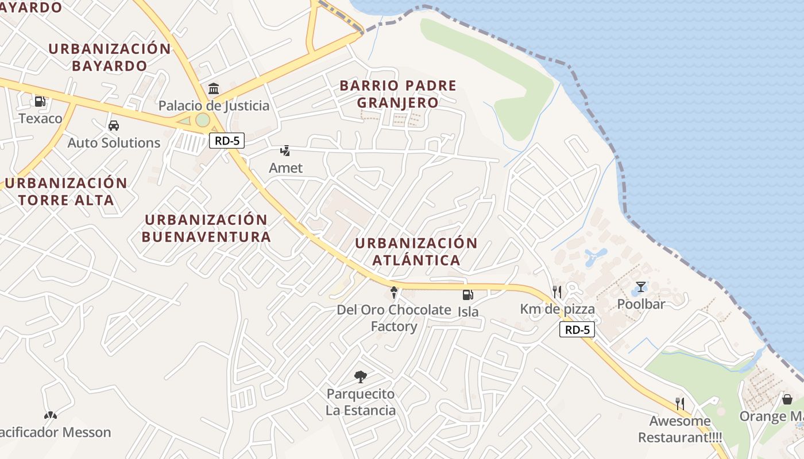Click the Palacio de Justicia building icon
[214, 88]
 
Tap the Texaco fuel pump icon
[40, 102]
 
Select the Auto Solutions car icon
[114, 126]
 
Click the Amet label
[285, 168]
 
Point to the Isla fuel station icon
[468, 295]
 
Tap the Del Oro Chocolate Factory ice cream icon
[393, 293]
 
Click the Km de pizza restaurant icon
[556, 291]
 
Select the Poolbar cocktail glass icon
[640, 287]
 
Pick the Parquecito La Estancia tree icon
[361, 377]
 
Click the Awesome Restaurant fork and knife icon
[680, 403]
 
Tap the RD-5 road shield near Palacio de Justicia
[227, 141]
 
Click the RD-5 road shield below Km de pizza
[577, 329]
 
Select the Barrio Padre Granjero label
[397, 94]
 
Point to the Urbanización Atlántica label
[416, 251]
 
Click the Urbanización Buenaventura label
[206, 228]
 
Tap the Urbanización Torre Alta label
[65, 192]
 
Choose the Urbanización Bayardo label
[110, 57]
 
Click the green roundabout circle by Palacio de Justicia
[202, 120]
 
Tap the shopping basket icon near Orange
[787, 399]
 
